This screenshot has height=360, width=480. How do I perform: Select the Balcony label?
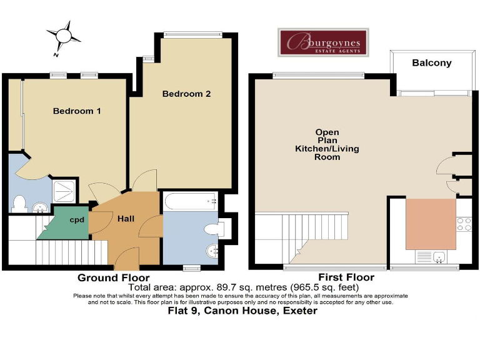[x=431, y=63]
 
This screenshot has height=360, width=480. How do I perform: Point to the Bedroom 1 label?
[x=77, y=111]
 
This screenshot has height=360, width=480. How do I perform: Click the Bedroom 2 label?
[x=186, y=94]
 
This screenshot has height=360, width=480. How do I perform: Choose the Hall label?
[x=127, y=219]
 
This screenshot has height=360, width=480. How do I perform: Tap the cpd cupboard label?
[x=77, y=220]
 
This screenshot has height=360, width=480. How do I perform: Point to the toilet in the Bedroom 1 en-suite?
[x=19, y=204]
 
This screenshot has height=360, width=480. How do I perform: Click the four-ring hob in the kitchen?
[x=464, y=224]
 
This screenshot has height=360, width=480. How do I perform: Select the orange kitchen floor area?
[x=430, y=223]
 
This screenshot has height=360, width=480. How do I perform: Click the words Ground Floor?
[x=113, y=277]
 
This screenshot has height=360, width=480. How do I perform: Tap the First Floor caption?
[x=346, y=277]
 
